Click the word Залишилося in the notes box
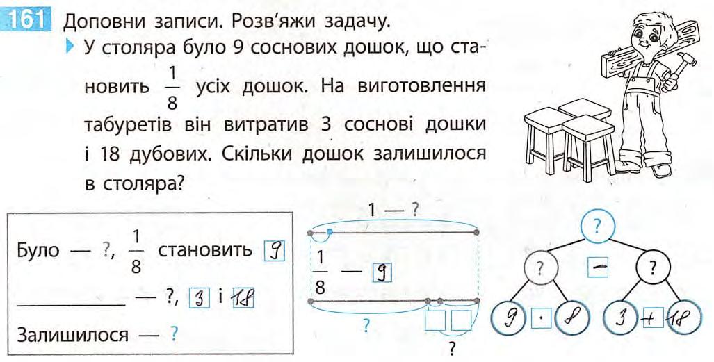click(x=73, y=335)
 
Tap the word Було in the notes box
click(x=38, y=250)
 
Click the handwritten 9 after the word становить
click(x=275, y=250)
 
